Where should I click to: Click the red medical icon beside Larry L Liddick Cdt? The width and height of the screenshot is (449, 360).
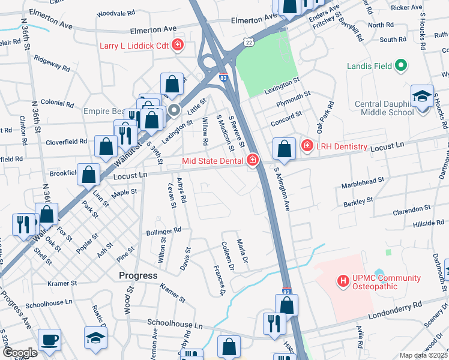tap(178, 44)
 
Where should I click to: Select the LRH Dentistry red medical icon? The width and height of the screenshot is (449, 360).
tap(307, 145)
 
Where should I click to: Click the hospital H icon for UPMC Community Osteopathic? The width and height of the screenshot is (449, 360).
tap(343, 280)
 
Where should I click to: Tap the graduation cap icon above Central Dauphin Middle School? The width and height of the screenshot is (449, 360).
tap(423, 97)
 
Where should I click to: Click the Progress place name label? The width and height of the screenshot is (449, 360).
tap(137, 275)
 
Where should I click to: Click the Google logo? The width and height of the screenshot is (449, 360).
tap(19, 353)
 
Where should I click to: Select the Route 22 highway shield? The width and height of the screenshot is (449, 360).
tap(249, 40)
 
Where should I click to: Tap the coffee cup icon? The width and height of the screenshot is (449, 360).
tap(49, 340)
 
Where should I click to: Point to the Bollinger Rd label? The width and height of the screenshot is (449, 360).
tap(164, 230)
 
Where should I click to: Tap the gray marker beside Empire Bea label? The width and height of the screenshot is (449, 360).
tap(174, 110)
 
